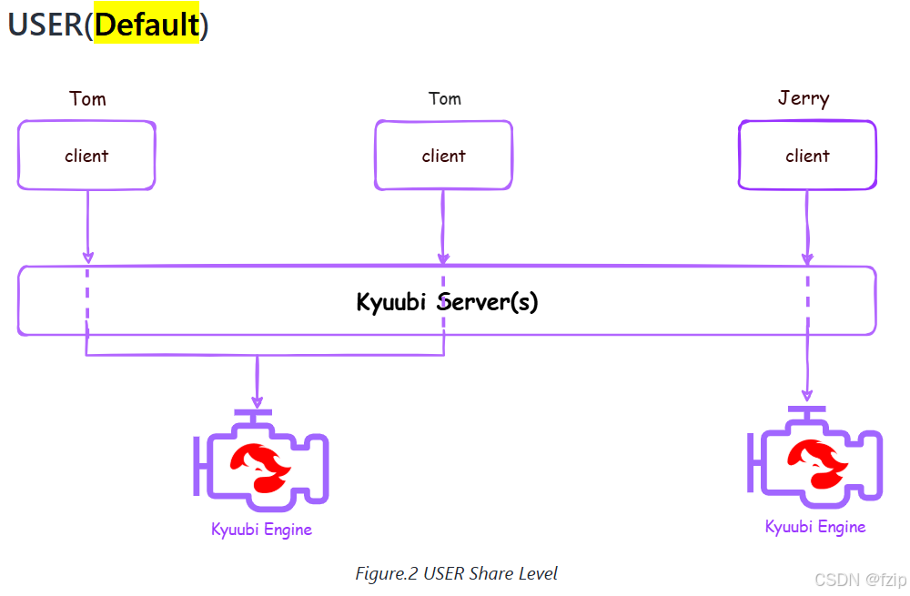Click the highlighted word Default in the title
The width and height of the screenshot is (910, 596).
(x=147, y=25)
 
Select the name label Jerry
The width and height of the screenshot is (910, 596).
(x=804, y=98)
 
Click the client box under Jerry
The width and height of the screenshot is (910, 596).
(x=807, y=156)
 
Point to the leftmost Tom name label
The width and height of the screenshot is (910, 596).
(x=87, y=98)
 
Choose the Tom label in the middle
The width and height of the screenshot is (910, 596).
(x=444, y=98)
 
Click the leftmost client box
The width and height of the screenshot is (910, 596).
(x=86, y=156)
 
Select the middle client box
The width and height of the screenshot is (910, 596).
(x=443, y=156)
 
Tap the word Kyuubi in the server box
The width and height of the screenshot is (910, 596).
(x=392, y=301)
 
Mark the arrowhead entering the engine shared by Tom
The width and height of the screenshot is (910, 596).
(x=258, y=401)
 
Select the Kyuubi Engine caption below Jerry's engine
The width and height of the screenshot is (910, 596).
(x=814, y=527)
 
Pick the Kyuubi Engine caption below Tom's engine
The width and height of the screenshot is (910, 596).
(x=261, y=530)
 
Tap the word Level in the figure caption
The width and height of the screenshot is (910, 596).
(x=538, y=574)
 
